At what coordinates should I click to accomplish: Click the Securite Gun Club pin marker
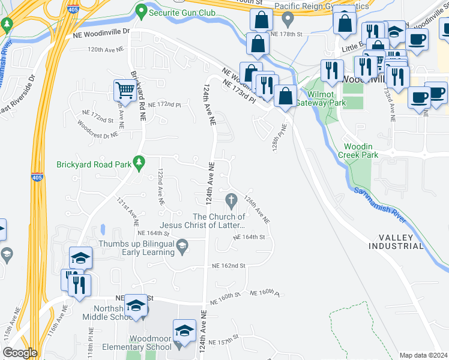[x=141, y=10]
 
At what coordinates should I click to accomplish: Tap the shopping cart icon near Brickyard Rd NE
[x=124, y=91]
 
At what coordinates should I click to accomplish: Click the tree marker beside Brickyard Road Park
[x=139, y=162]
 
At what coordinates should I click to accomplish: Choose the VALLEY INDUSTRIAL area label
[x=396, y=242]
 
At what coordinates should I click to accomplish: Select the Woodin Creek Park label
[x=361, y=151]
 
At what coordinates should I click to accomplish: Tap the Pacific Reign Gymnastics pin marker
[x=288, y=19]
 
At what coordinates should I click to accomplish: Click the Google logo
[x=20, y=353]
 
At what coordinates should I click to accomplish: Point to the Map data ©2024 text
[x=423, y=355]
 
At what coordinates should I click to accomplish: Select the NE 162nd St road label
[x=229, y=265]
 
